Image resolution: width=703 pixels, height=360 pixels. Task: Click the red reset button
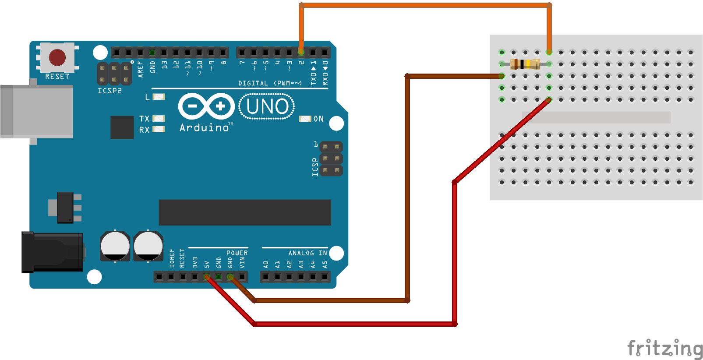(x=57, y=57)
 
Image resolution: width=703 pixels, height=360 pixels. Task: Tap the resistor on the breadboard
(x=525, y=64)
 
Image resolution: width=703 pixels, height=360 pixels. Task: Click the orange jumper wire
(x=425, y=5)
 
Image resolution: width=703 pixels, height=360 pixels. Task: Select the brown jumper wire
(x=407, y=188)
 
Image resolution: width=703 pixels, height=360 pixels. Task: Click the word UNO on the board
(x=267, y=106)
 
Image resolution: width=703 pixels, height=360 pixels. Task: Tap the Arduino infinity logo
(x=206, y=106)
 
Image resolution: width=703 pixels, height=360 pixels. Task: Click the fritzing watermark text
(x=664, y=348)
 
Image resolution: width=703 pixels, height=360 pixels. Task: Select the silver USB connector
(x=37, y=112)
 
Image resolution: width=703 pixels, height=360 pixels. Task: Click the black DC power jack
(x=52, y=252)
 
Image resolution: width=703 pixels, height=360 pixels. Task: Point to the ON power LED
(x=305, y=119)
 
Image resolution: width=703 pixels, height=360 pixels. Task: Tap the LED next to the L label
(x=159, y=97)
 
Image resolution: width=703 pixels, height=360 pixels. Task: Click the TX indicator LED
(x=159, y=119)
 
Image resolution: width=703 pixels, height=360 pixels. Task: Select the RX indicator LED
(x=159, y=129)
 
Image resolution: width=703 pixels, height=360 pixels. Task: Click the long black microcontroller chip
(x=244, y=212)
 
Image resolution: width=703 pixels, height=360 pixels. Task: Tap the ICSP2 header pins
(x=114, y=74)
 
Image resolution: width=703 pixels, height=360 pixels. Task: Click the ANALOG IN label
(x=307, y=253)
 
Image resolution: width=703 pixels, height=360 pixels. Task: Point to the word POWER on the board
(x=237, y=253)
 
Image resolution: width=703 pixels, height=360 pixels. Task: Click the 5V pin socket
(x=207, y=277)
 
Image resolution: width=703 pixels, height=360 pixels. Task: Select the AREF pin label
(x=141, y=69)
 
